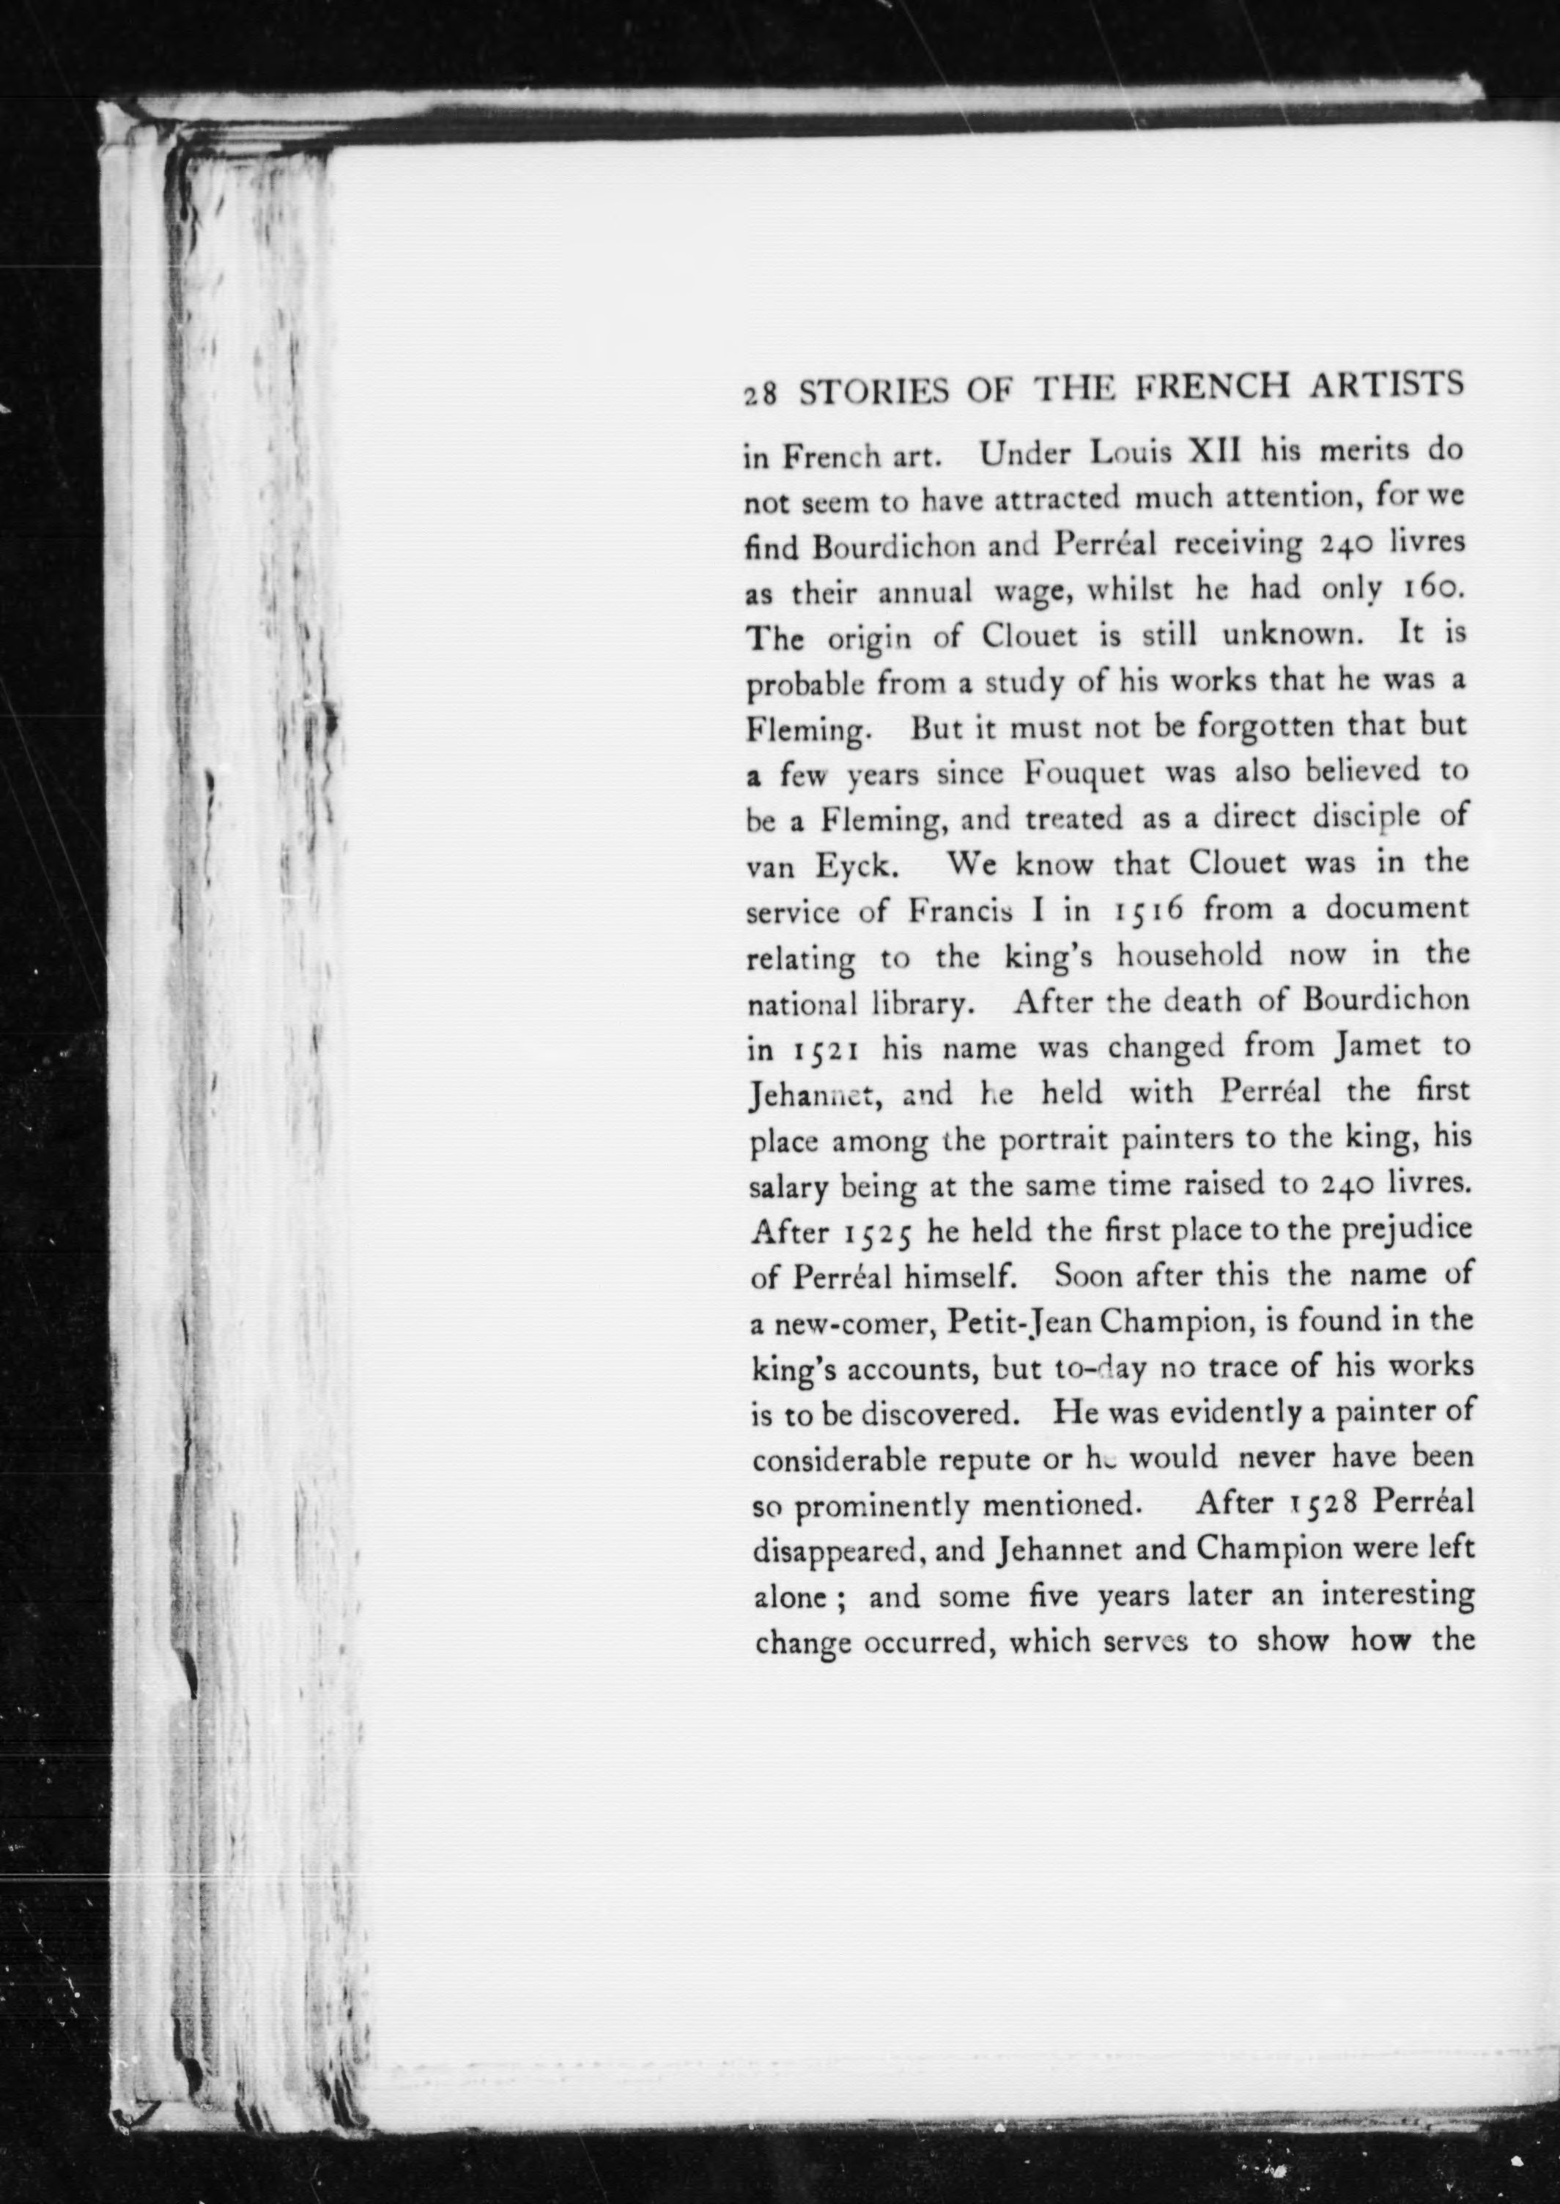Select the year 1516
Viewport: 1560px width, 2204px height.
(x=1145, y=909)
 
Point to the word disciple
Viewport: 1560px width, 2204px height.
(x=1352, y=819)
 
